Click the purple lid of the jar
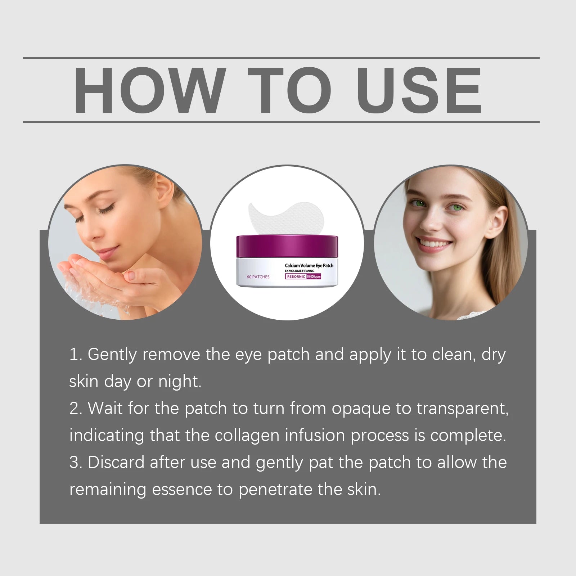[287, 247]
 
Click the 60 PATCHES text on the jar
[258, 277]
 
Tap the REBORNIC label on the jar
[296, 276]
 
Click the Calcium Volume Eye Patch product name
[309, 266]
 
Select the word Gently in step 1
[112, 355]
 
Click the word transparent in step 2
[462, 409]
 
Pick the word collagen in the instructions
[247, 436]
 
